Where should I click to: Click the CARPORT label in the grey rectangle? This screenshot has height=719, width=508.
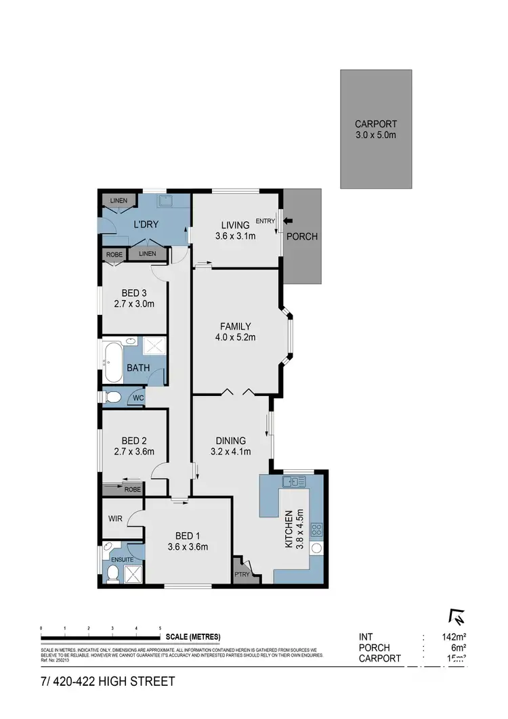point(376,124)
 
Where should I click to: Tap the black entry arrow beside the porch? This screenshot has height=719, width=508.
point(289,220)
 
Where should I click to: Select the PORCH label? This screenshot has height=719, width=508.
point(301,237)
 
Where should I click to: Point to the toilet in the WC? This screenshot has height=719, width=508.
point(114,396)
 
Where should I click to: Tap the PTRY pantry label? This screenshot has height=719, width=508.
point(242,575)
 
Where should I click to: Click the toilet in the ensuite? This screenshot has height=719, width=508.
point(112,574)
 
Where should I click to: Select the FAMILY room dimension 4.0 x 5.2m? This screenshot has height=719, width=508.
point(236,338)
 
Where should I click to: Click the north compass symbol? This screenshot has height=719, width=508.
point(457,617)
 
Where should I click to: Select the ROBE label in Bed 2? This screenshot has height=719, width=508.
point(133,489)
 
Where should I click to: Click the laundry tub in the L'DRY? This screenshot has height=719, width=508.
point(165,200)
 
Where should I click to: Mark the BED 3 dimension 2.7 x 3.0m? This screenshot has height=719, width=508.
point(134,304)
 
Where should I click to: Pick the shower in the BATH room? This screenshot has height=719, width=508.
point(154,346)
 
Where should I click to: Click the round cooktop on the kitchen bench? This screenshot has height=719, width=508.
point(315,548)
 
